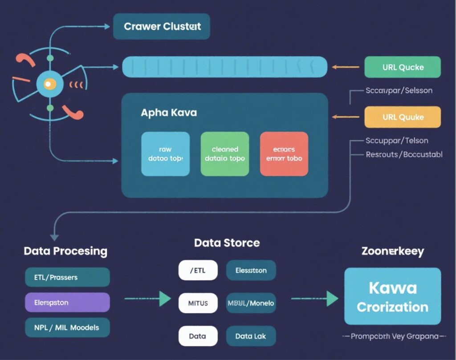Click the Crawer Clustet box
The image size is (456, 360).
(x=162, y=26)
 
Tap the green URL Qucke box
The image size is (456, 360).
(x=403, y=67)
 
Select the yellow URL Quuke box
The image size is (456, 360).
(x=403, y=117)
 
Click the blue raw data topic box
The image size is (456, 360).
(x=165, y=154)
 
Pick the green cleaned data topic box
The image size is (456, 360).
(x=225, y=154)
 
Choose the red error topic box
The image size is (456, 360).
(x=284, y=154)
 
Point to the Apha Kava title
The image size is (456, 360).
(x=169, y=112)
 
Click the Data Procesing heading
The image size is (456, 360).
(x=65, y=251)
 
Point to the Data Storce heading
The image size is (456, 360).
(x=227, y=243)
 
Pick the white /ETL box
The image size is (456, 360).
(x=198, y=271)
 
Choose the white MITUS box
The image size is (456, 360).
(x=198, y=303)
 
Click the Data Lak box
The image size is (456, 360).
(x=251, y=336)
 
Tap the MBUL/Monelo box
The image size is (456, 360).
(x=251, y=303)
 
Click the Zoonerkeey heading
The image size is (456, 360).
(x=392, y=251)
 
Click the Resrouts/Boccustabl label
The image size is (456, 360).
(x=404, y=154)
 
